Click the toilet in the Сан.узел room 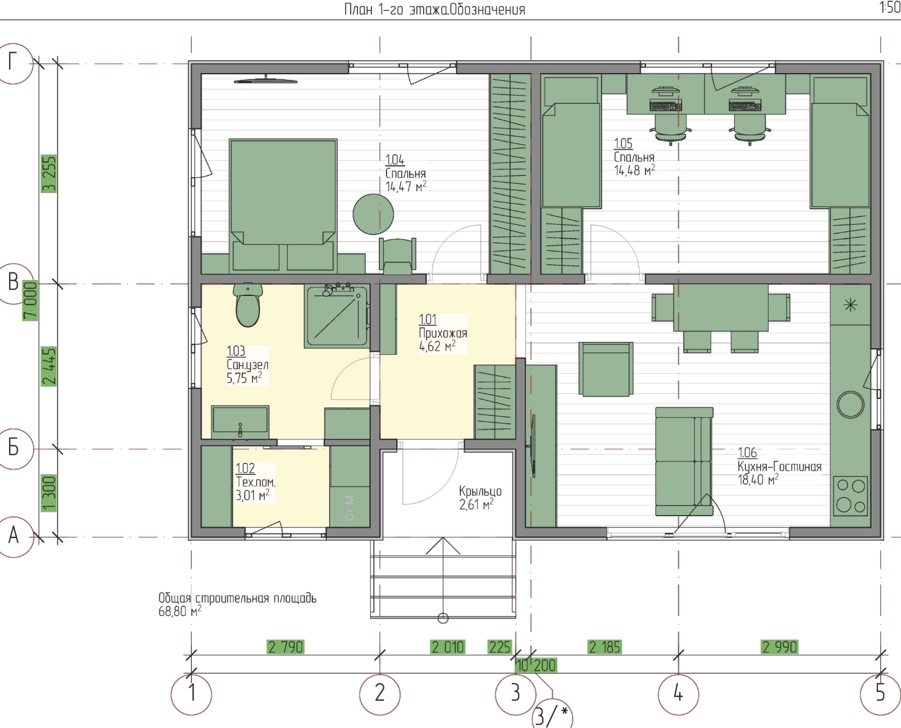tap(248, 305)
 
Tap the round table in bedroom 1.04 tap(373, 214)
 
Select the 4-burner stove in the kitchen tap(850, 496)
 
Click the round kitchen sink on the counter tap(850, 404)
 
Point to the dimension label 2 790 tap(286, 647)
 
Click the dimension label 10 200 tap(536, 665)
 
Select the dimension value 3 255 tap(48, 174)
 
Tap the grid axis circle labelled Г tap(13, 63)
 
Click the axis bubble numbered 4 tap(678, 694)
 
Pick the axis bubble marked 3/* tap(552, 716)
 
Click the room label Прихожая tap(443, 333)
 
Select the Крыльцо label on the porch tap(480, 491)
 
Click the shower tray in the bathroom tap(336, 316)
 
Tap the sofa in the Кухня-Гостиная tap(684, 461)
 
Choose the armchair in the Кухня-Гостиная tap(606, 369)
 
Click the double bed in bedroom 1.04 tap(283, 205)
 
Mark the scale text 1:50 tap(890, 7)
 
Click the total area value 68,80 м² tap(180, 612)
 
